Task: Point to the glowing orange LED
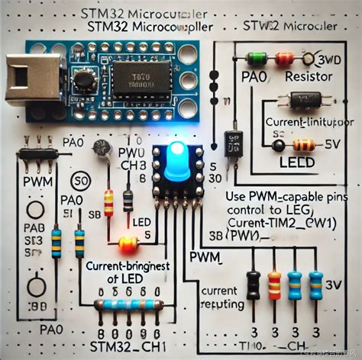point(127,244)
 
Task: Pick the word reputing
point(221,304)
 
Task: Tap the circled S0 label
point(77,181)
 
